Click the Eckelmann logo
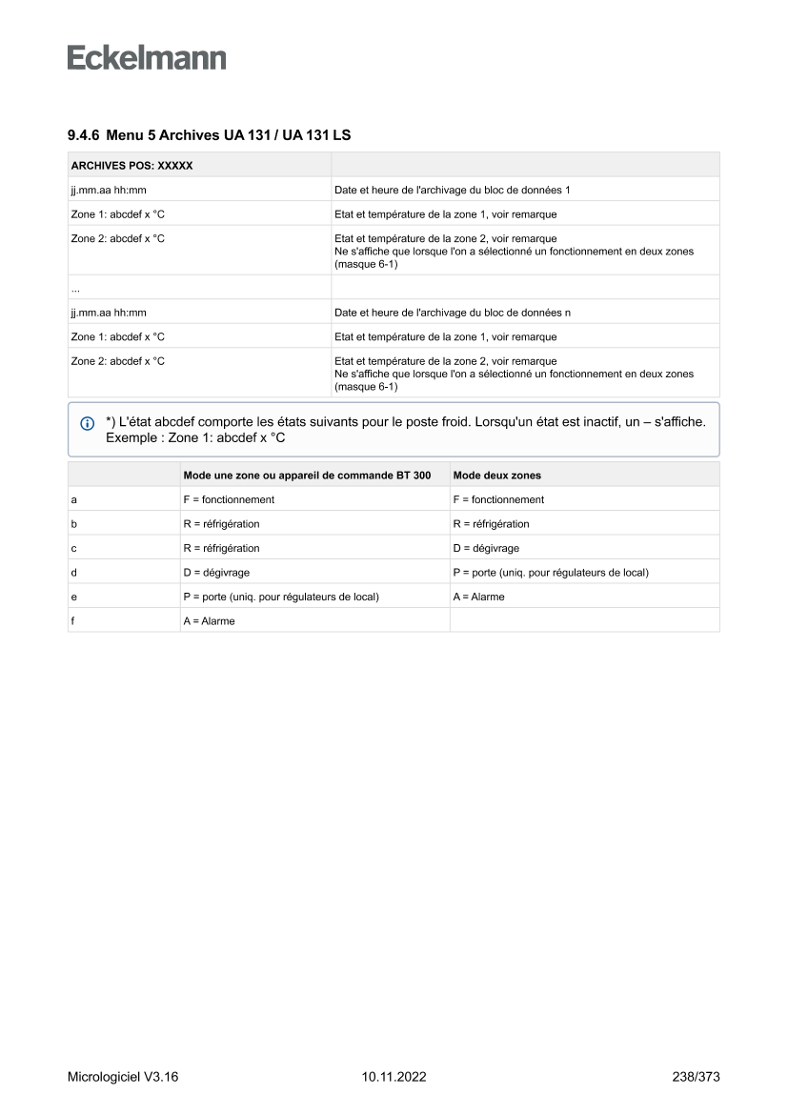point(147,57)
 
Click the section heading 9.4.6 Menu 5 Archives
point(209,135)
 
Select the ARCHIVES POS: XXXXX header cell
point(132,165)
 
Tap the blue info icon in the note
point(88,422)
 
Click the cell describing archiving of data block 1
point(452,190)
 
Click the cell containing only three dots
point(75,287)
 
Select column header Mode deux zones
point(497,475)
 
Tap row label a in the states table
point(74,499)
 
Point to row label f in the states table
point(74,620)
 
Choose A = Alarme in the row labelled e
point(478,597)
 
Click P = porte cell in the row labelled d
point(551,573)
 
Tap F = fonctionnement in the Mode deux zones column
point(498,499)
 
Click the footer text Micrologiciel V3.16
point(123,1077)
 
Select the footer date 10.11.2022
point(394,1077)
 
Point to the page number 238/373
point(695,1077)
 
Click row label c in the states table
point(74,548)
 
